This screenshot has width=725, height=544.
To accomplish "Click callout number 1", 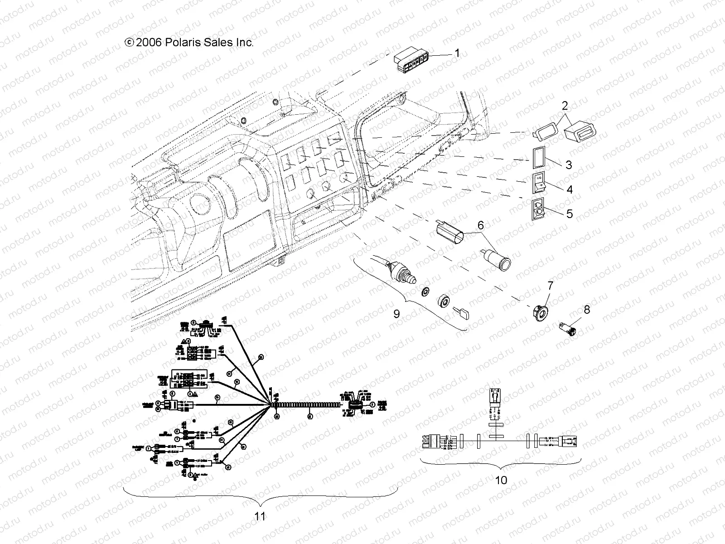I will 457,53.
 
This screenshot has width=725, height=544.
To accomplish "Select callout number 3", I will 569,165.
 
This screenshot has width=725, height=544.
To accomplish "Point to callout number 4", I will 569,189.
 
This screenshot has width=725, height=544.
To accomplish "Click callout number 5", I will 569,214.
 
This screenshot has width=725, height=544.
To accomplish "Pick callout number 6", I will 480,225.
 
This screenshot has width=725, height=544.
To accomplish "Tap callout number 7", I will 550,286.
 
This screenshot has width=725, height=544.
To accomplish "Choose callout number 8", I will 587,310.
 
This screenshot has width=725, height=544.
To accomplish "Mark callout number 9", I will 396,313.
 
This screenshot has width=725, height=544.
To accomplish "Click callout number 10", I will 501,480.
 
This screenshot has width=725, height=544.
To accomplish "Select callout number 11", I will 260,516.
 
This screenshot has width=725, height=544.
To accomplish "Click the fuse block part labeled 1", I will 411,60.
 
